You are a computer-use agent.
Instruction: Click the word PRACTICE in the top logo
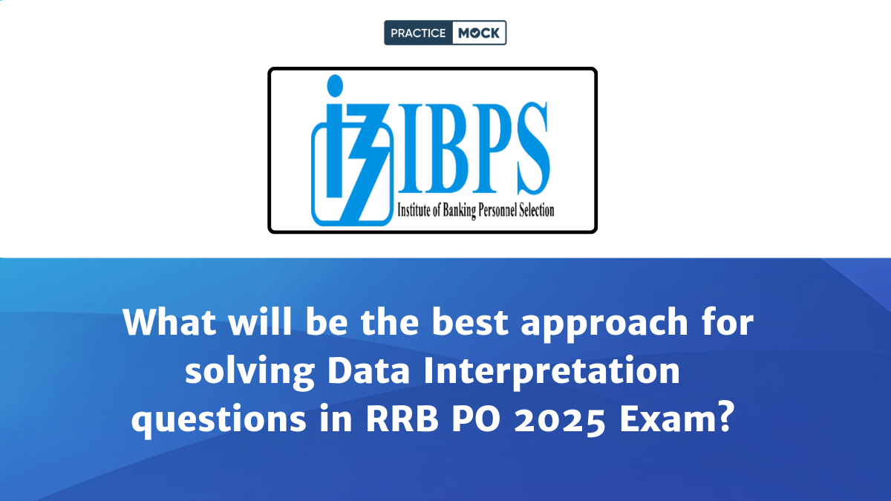tap(417, 33)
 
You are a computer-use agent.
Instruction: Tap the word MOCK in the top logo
tap(478, 33)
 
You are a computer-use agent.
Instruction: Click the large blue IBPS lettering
tap(474, 148)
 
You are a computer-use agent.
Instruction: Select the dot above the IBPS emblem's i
tap(335, 85)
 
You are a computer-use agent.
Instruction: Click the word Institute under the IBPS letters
tap(414, 210)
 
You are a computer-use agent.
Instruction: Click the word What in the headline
tap(169, 321)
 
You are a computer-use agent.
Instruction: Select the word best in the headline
tap(470, 321)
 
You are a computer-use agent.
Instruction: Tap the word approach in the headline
tap(604, 324)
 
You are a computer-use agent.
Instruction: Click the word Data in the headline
tap(368, 370)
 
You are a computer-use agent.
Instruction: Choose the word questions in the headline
tap(219, 421)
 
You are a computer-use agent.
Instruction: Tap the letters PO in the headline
tap(476, 419)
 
